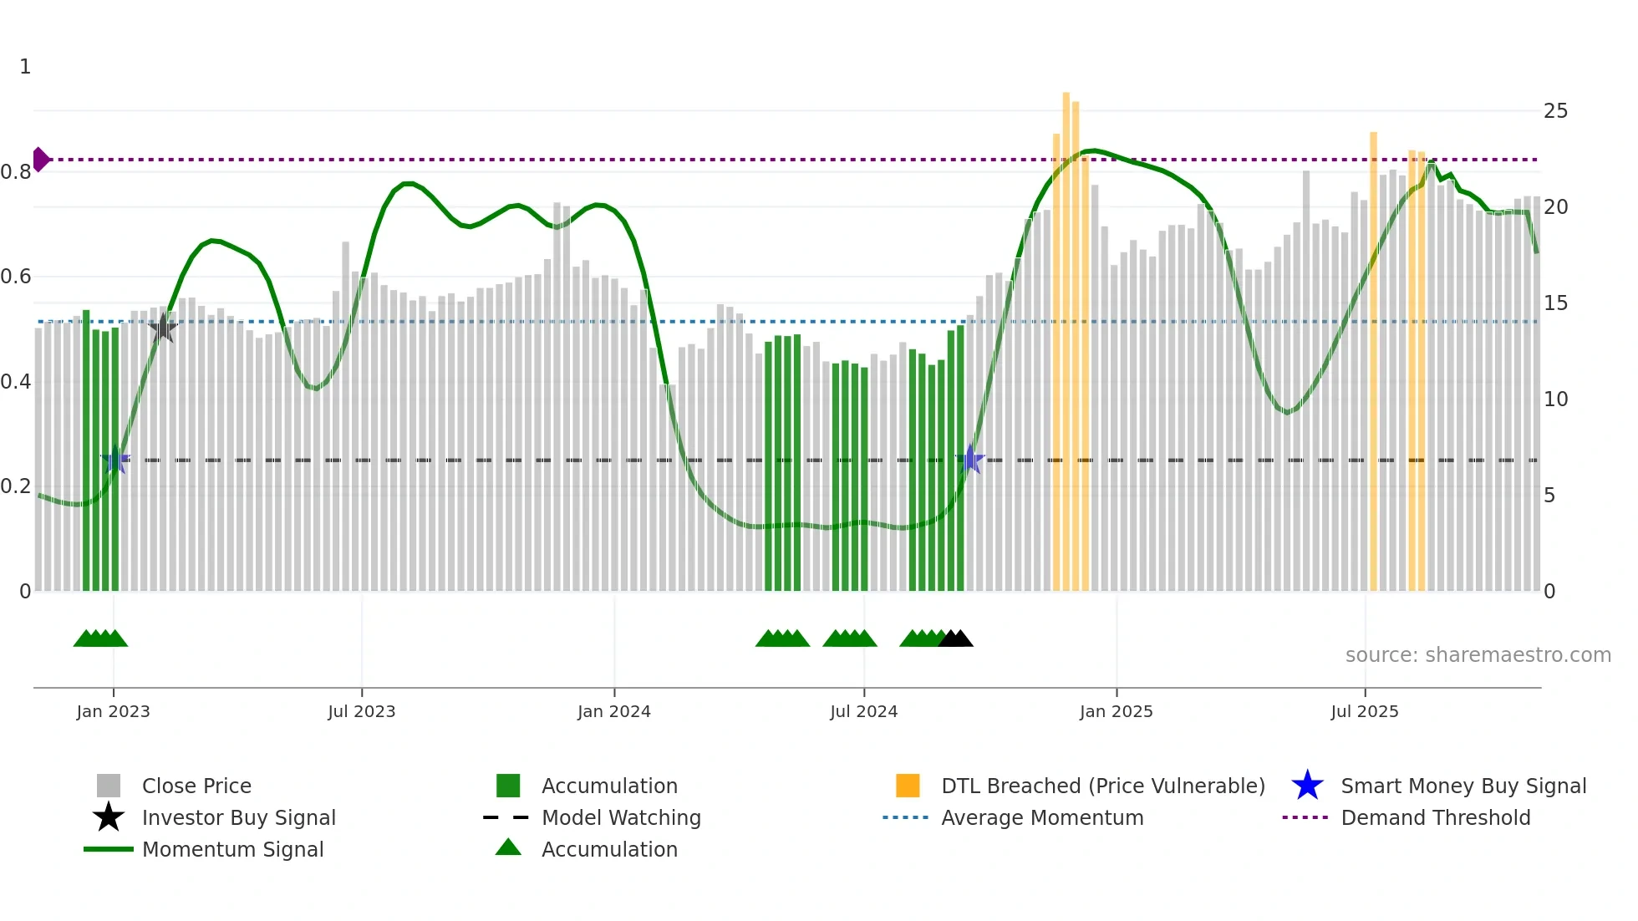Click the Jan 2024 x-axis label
(x=613, y=711)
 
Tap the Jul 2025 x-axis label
(x=1364, y=711)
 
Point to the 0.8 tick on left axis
(x=16, y=172)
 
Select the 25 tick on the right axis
(x=1555, y=111)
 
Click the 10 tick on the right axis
(x=1555, y=399)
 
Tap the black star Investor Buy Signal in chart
(x=163, y=328)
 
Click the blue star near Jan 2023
(x=116, y=459)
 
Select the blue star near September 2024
(x=970, y=459)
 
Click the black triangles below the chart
(x=955, y=639)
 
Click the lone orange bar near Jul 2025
(x=1373, y=359)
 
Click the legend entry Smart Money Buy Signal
(x=1462, y=786)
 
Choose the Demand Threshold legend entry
(x=1435, y=817)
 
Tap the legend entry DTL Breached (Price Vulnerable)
(x=1102, y=786)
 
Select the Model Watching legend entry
(x=620, y=817)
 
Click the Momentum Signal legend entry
(x=232, y=849)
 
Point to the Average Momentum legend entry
(x=1041, y=817)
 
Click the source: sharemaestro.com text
(x=1478, y=655)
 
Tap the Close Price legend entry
(x=196, y=786)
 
